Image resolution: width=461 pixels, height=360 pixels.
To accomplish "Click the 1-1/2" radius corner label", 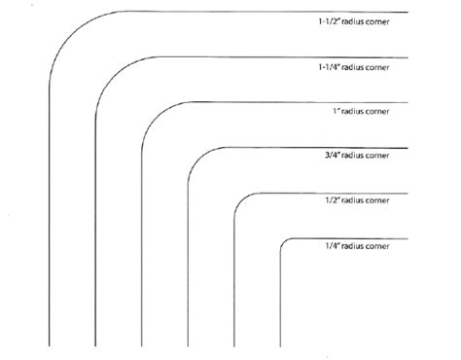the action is point(355,20).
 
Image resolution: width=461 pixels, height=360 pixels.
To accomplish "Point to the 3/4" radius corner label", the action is point(358,156).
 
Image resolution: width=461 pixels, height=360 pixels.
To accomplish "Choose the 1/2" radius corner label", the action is point(358,200).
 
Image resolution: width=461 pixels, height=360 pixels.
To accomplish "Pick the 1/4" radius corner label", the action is point(358,245).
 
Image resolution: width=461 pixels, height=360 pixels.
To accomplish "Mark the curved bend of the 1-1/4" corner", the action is point(109,74).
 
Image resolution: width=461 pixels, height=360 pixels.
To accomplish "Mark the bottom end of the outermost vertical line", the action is point(50,344).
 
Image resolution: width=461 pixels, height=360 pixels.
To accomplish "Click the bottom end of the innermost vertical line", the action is point(280,344).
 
